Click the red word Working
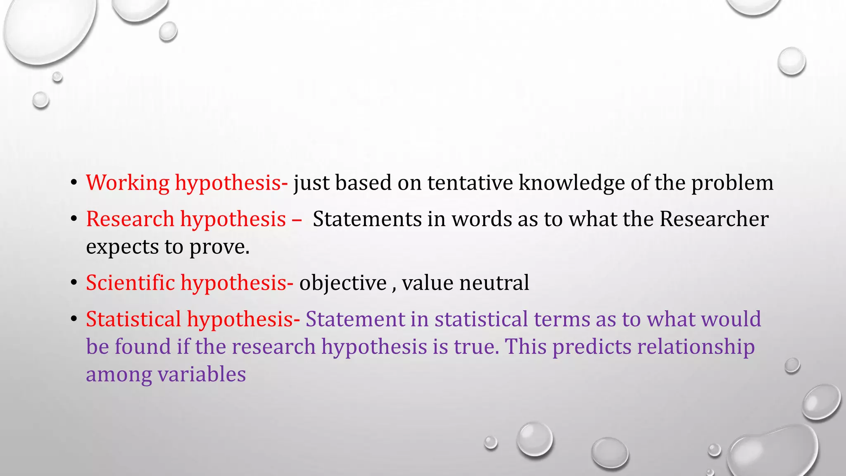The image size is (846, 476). click(128, 183)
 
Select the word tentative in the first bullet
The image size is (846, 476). click(470, 183)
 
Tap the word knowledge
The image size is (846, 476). click(572, 183)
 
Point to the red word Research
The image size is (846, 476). click(130, 219)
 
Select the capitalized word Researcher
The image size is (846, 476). click(714, 219)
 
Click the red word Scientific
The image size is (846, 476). click(131, 283)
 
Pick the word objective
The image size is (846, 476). click(343, 283)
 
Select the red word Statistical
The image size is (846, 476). click(133, 319)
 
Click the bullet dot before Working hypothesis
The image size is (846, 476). click(74, 183)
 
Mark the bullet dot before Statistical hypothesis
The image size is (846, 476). click(74, 319)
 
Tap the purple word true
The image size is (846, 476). click(475, 347)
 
